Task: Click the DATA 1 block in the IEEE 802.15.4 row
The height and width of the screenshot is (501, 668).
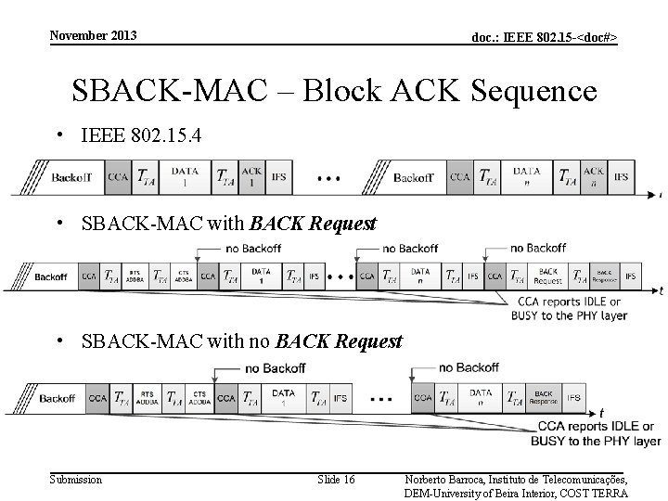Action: click(x=186, y=176)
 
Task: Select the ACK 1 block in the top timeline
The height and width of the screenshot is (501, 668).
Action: click(x=251, y=176)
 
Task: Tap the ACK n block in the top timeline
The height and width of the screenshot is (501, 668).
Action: click(x=594, y=176)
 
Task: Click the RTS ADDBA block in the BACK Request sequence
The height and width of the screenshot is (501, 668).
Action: click(x=135, y=276)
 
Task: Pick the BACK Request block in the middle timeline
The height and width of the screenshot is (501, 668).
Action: click(x=547, y=276)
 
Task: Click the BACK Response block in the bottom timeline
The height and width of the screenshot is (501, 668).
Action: click(x=543, y=397)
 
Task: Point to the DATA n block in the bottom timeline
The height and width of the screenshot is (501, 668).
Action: click(x=480, y=397)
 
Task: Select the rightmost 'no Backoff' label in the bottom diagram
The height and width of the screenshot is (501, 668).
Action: click(x=468, y=367)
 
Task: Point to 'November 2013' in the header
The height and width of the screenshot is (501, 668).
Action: click(x=93, y=35)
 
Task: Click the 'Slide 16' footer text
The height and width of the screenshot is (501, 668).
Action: click(x=336, y=479)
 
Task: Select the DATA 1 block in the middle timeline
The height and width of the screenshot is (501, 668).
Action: click(x=260, y=276)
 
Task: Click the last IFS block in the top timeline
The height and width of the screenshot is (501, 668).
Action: click(x=622, y=176)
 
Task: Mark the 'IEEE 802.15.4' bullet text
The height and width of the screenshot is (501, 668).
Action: click(x=140, y=136)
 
